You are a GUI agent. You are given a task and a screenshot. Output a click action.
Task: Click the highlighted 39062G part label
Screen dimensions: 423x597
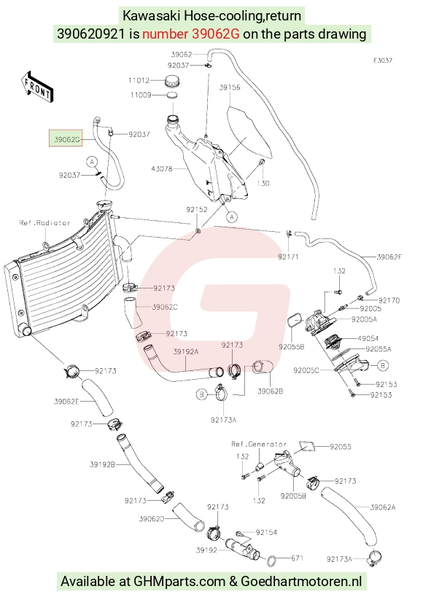(66, 139)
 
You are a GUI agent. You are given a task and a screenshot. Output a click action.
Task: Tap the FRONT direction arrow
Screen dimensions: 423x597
(37, 86)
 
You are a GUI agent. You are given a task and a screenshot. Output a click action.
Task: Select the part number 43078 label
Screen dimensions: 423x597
(162, 168)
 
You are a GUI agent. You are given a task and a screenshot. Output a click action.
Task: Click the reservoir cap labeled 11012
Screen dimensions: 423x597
(173, 82)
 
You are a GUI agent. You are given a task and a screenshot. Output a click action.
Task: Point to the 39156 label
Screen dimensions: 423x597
(230, 87)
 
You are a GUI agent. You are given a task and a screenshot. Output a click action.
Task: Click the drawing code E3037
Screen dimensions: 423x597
(383, 61)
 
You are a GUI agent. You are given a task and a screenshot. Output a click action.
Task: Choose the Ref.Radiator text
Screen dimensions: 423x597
(44, 223)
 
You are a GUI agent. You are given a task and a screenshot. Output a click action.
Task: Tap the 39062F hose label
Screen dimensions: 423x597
(389, 257)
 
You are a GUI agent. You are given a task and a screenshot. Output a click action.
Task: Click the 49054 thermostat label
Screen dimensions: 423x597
(368, 338)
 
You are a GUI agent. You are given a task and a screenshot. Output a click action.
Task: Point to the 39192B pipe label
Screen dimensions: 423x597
(102, 464)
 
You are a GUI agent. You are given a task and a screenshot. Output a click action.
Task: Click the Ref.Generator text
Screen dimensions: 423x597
(259, 444)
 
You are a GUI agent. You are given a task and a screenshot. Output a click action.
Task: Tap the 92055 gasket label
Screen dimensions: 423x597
(341, 447)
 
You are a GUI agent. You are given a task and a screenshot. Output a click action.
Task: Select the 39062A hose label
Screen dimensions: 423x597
(383, 507)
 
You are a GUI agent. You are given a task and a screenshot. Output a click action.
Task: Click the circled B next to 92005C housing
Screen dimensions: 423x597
(383, 365)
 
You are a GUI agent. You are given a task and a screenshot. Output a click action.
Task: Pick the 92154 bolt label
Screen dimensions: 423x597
(266, 532)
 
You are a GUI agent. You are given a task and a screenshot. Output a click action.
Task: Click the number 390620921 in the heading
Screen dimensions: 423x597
(90, 34)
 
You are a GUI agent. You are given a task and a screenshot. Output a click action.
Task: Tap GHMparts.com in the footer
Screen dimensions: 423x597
(179, 582)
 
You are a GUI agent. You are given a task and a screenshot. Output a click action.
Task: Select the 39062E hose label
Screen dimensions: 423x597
(66, 402)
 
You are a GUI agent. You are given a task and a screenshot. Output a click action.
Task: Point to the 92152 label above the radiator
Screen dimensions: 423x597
(197, 209)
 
